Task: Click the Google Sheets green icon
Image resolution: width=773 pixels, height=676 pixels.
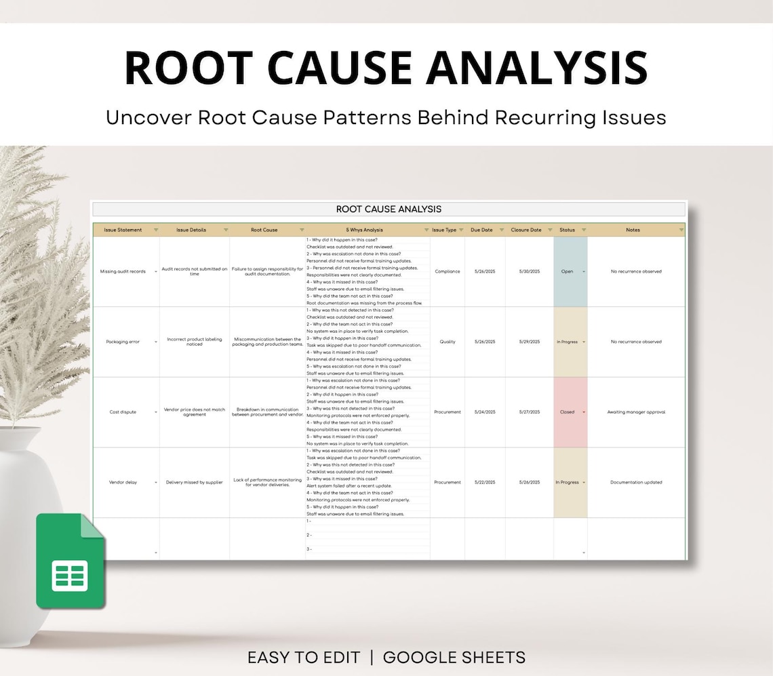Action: pos(71,561)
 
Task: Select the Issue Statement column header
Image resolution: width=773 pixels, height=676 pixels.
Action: pos(123,230)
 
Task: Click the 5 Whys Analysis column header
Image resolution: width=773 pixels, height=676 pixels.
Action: pos(364,230)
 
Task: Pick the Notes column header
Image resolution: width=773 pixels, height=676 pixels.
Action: pos(632,230)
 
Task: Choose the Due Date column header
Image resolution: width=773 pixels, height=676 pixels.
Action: pos(481,230)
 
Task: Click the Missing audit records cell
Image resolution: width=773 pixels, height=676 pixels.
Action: pos(123,271)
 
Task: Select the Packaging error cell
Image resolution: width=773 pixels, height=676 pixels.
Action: pos(123,342)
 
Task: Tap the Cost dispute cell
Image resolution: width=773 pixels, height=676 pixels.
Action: pos(123,412)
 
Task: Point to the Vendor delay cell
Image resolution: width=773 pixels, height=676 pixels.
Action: pos(123,483)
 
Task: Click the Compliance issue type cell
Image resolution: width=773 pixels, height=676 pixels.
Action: pos(447,271)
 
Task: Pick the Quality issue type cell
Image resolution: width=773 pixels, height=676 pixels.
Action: pos(447,342)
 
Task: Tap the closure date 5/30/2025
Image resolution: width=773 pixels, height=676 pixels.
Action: pos(530,271)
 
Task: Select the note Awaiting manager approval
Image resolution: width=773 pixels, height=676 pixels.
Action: pos(636,412)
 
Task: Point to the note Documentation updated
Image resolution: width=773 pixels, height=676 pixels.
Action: pos(636,483)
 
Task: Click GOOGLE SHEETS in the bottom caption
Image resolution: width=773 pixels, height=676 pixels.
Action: pos(454,657)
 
